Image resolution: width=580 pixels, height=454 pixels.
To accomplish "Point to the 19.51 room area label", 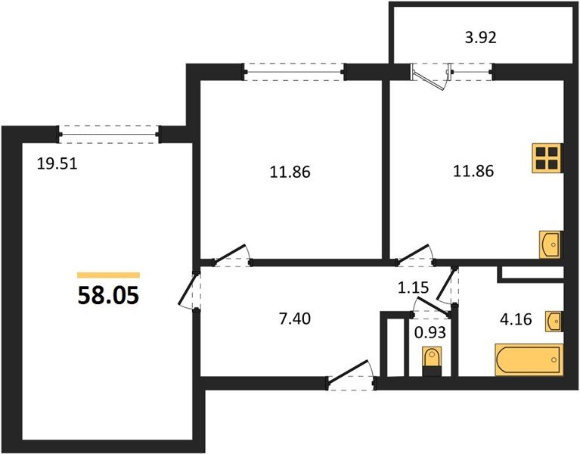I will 57,161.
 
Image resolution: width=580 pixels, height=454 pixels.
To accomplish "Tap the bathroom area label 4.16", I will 516,320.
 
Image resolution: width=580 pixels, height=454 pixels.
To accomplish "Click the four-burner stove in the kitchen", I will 547,157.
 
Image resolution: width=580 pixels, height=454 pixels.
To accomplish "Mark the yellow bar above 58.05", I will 109,275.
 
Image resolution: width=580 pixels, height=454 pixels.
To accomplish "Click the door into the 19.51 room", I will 189,288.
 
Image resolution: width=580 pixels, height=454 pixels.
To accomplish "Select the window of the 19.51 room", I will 110,134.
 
